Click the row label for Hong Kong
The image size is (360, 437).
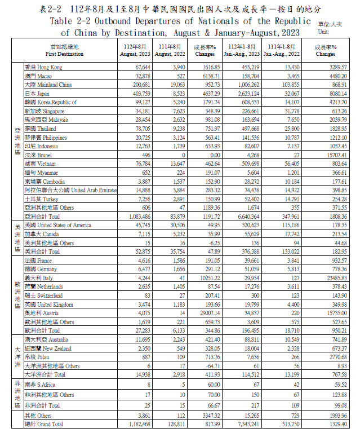(x=45, y=67)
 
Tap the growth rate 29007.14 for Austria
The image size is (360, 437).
(x=203, y=313)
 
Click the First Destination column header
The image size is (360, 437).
(x=64, y=50)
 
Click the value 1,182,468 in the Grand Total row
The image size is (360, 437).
(x=135, y=424)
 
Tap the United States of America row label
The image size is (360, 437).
(x=57, y=226)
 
